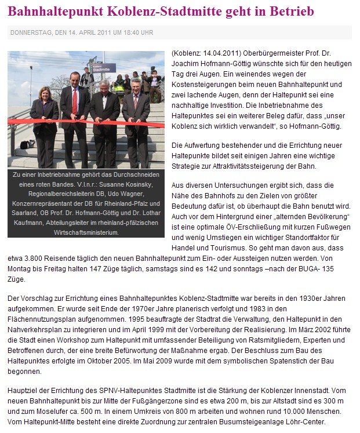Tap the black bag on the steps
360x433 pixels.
[27, 144]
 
